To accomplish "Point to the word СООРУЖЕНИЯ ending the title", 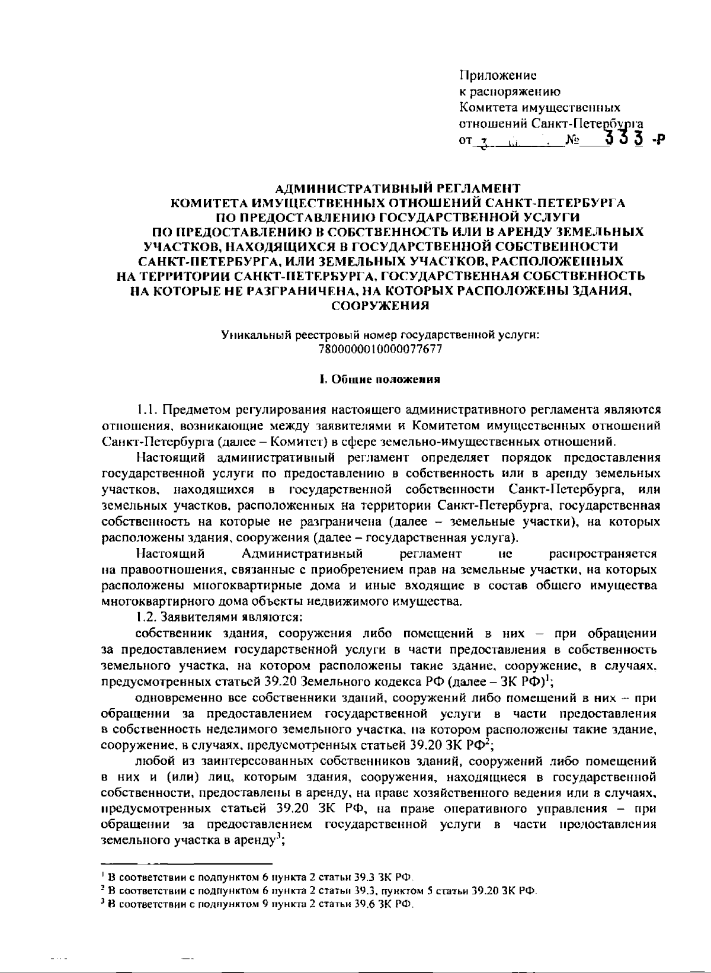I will pos(379,306).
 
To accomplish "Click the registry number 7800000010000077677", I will pos(380,350).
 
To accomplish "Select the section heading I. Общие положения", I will pos(379,380).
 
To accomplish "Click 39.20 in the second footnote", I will pos(485,890).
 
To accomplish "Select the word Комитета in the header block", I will pos(488,108).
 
